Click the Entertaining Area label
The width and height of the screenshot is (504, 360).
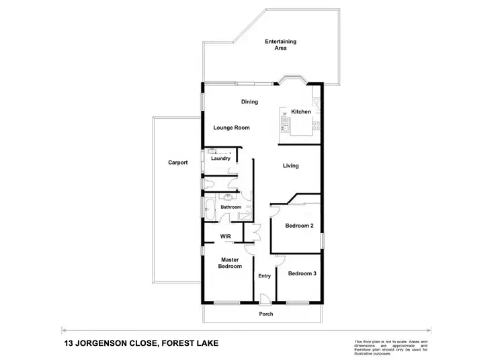[280, 45]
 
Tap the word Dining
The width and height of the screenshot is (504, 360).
[250, 102]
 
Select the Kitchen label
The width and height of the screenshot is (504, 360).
[301, 111]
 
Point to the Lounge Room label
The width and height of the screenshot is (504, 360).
[232, 128]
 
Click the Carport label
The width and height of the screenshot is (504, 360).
[178, 163]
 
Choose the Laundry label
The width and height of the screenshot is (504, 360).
[220, 159]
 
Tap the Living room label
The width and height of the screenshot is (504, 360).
[291, 166]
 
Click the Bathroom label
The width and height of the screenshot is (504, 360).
[230, 207]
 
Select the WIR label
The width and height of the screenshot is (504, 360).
[226, 236]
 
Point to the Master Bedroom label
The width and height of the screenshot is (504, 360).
[230, 263]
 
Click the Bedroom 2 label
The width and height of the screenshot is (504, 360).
[300, 226]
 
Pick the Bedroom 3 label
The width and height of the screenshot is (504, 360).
[302, 273]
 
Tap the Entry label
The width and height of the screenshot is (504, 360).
[264, 276]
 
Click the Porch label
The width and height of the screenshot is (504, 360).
[266, 314]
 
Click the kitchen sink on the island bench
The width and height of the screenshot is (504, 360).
[285, 125]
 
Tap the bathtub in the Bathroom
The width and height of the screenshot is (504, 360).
[208, 207]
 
